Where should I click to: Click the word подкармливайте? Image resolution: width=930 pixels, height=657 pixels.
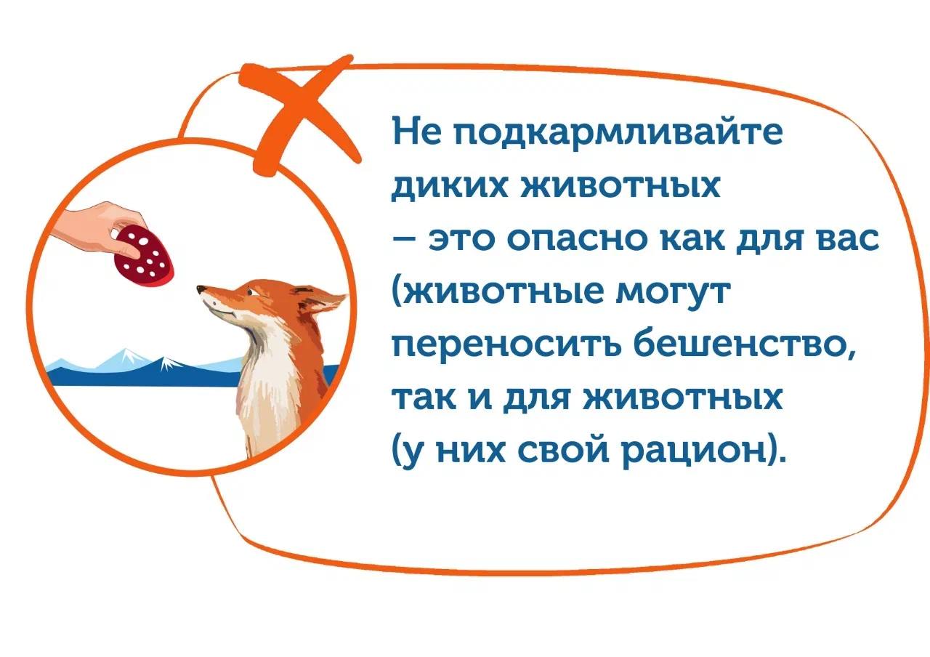tap(610, 135)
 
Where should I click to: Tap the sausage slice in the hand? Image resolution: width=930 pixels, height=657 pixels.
tap(145, 254)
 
